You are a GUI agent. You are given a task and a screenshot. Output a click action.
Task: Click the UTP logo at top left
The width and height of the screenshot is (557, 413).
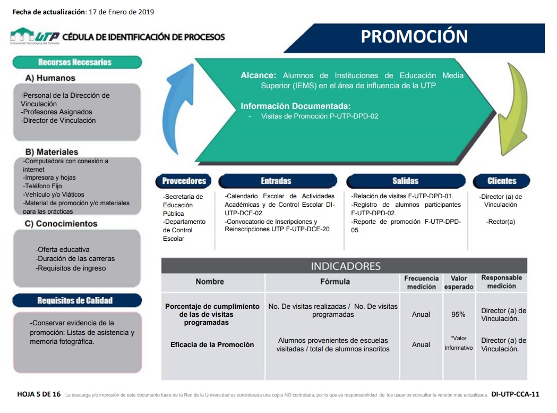tap(35, 36)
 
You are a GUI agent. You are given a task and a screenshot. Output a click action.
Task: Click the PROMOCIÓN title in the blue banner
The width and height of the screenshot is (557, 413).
tap(414, 36)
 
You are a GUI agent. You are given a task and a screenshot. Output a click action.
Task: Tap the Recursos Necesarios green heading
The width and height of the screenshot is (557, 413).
tap(77, 62)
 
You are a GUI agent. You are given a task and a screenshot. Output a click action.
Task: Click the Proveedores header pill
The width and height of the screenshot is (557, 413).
tap(184, 181)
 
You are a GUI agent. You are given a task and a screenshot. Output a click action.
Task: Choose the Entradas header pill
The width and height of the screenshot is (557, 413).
tap(277, 181)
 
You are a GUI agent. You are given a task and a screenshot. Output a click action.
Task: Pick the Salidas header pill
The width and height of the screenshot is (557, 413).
tap(406, 181)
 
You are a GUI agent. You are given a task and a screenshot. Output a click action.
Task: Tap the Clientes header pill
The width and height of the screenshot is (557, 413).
tap(501, 181)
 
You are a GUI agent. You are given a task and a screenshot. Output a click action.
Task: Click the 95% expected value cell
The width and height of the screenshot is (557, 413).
tap(458, 315)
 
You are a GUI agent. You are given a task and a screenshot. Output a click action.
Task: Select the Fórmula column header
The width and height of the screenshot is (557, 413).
tap(335, 282)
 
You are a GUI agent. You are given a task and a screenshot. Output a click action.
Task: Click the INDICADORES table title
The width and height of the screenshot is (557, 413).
tap(346, 266)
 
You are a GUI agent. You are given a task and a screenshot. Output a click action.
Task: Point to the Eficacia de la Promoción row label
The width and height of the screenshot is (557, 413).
tap(212, 345)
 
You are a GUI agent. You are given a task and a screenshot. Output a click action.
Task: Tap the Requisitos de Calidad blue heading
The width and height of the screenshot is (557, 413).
tap(77, 301)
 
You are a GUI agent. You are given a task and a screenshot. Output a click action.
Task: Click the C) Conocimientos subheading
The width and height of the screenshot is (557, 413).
tap(61, 224)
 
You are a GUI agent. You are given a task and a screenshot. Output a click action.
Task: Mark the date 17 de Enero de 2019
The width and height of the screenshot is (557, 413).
tap(121, 12)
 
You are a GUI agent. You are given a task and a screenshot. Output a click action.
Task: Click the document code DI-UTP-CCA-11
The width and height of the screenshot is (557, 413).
tap(515, 394)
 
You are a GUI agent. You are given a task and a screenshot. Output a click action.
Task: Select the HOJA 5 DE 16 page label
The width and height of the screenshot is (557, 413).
tap(39, 394)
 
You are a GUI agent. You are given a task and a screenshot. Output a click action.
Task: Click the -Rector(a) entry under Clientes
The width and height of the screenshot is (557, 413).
tap(501, 222)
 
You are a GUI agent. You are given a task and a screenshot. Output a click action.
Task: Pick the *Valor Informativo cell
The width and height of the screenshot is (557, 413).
tap(459, 343)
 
